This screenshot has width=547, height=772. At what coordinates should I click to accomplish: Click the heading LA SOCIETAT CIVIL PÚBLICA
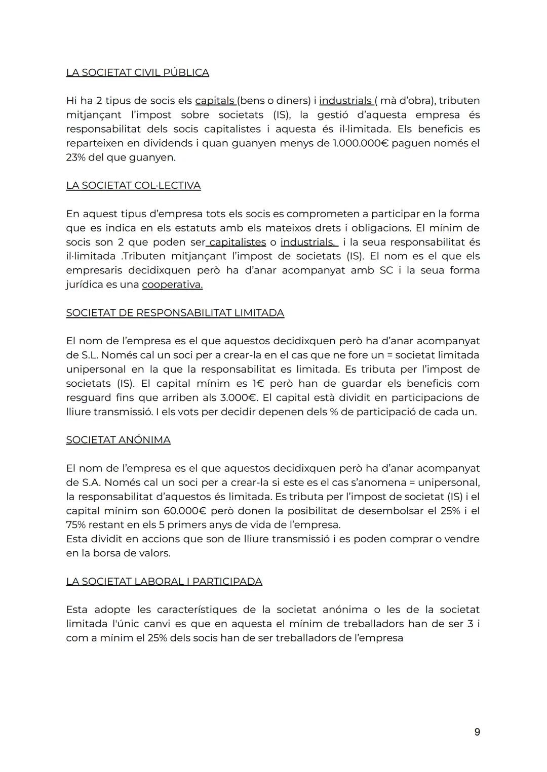pos(137,72)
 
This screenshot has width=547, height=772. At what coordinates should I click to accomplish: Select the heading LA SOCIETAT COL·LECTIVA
pos(133,185)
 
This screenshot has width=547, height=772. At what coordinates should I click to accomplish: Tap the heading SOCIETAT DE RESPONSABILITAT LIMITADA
pos(175,313)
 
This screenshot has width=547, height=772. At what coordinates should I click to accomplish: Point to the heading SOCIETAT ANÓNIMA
pos(118,440)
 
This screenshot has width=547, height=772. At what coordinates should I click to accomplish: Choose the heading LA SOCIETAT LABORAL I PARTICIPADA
pos(164,581)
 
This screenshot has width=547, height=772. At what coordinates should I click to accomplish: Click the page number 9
pos(477,732)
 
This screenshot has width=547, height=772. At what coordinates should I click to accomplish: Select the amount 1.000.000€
pos(360,143)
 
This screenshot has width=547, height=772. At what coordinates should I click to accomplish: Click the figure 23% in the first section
pos(76,157)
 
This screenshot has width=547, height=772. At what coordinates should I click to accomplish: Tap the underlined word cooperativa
pos(172,285)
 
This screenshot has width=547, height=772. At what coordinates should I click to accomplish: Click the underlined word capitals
pos(215,101)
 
